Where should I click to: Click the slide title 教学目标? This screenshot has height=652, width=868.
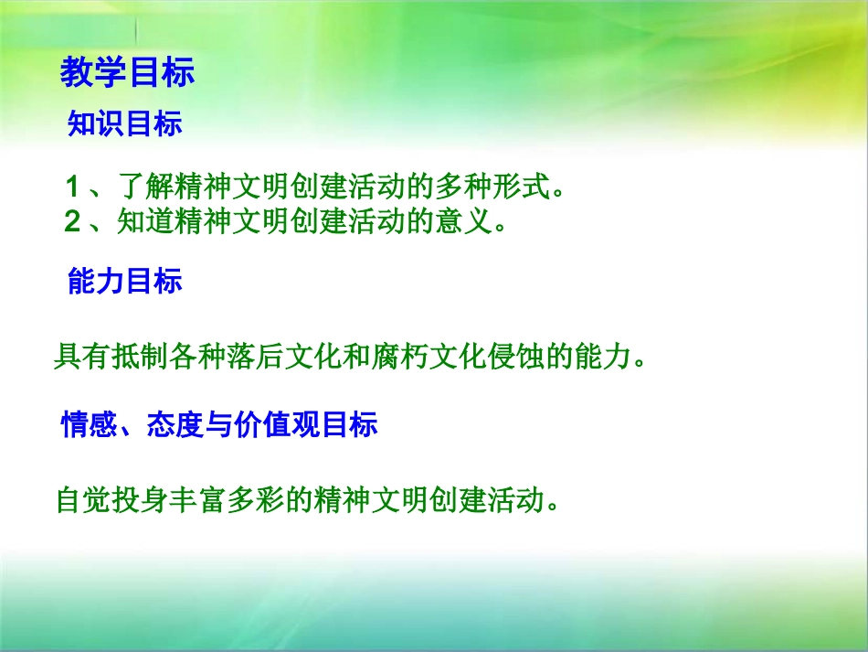pyautogui.click(x=128, y=73)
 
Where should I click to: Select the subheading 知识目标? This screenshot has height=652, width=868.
pyautogui.click(x=125, y=124)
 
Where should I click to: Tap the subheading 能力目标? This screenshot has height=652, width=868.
pyautogui.click(x=125, y=282)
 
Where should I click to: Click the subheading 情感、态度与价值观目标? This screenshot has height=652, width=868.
pyautogui.click(x=218, y=425)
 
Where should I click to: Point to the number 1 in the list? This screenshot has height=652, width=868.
pyautogui.click(x=72, y=188)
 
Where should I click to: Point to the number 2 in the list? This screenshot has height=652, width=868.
pyautogui.click(x=72, y=223)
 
